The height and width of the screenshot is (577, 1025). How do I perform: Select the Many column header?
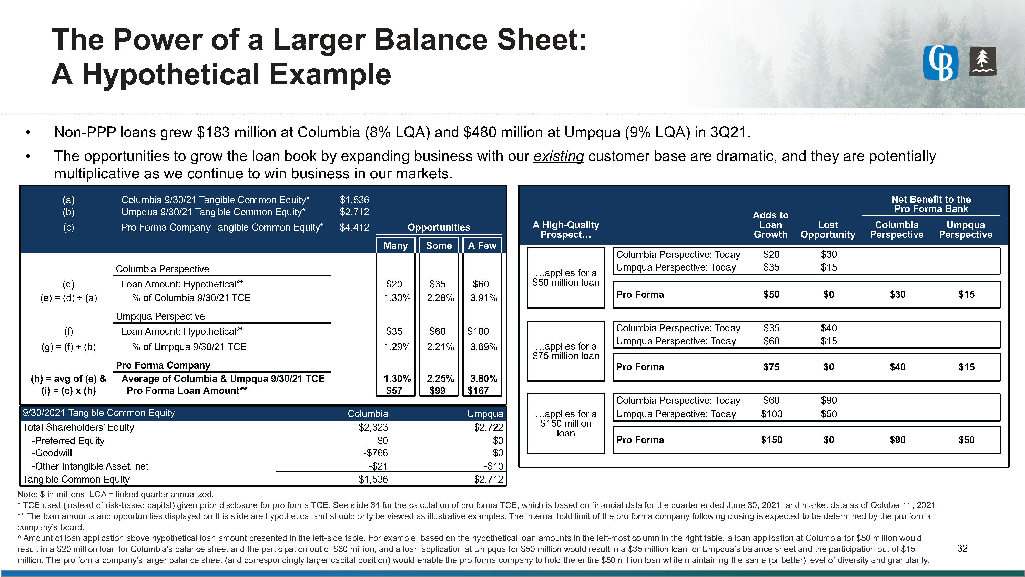click(x=395, y=246)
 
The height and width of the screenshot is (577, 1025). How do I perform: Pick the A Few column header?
click(x=482, y=246)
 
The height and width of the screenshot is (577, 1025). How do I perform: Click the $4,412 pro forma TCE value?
click(x=354, y=227)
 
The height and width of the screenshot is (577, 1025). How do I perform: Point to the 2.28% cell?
click(x=440, y=298)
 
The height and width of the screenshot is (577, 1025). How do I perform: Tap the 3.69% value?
click(x=483, y=347)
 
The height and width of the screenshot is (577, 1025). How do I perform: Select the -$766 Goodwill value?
click(x=375, y=453)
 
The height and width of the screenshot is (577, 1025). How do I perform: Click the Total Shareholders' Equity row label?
click(x=78, y=427)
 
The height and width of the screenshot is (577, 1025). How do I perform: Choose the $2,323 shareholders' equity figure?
click(x=373, y=427)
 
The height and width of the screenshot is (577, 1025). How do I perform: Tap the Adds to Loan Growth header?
click(x=770, y=225)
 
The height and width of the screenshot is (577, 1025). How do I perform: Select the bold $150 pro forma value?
click(x=771, y=440)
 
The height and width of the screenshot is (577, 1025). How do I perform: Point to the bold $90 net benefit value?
click(x=897, y=440)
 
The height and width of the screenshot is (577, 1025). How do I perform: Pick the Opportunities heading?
click(x=439, y=227)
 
